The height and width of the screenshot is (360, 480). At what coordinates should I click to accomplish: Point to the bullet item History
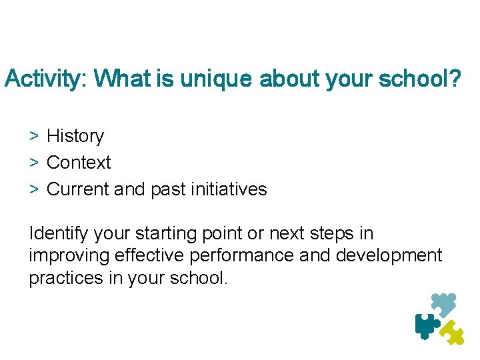[x=75, y=136]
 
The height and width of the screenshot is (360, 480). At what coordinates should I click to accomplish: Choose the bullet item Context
[x=79, y=163]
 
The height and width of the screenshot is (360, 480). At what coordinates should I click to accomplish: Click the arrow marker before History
[x=33, y=136]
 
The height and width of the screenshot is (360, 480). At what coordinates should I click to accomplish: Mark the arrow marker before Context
[x=33, y=163]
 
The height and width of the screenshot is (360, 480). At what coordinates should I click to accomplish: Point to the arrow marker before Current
[x=33, y=189]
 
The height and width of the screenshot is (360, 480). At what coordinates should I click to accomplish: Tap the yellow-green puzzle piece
[x=453, y=332]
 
